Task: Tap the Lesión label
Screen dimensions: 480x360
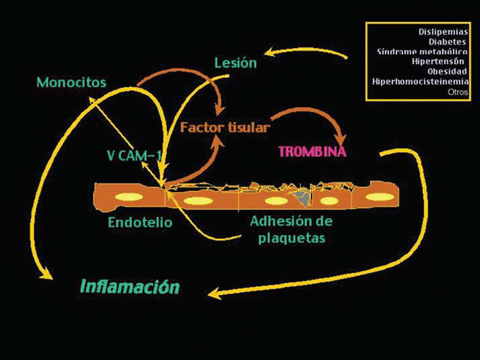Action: point(235,63)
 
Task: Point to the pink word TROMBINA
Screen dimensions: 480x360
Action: point(312,151)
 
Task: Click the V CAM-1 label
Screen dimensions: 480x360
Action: point(134,156)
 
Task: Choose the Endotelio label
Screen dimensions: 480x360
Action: point(140,222)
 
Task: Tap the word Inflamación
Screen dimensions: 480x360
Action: point(130,287)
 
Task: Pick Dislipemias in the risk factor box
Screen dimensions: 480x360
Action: point(443,30)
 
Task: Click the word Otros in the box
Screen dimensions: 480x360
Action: point(457,92)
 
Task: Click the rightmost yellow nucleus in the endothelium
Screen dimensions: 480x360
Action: point(379,196)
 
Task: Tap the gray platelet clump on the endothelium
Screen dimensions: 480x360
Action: point(302,196)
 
